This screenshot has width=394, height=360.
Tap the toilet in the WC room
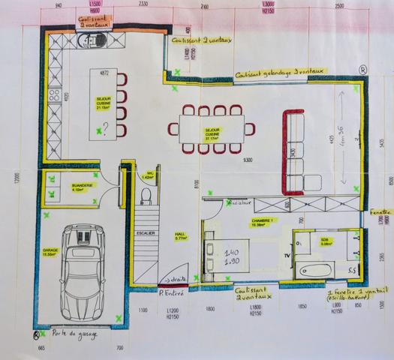coord(146,196)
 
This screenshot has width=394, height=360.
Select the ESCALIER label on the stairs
coord(145,233)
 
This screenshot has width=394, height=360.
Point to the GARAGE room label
coord(51,252)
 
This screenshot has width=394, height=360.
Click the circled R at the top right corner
coord(363,69)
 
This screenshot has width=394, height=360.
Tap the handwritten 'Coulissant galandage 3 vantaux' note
coord(278,72)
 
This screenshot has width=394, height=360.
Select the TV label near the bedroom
coord(286,255)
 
